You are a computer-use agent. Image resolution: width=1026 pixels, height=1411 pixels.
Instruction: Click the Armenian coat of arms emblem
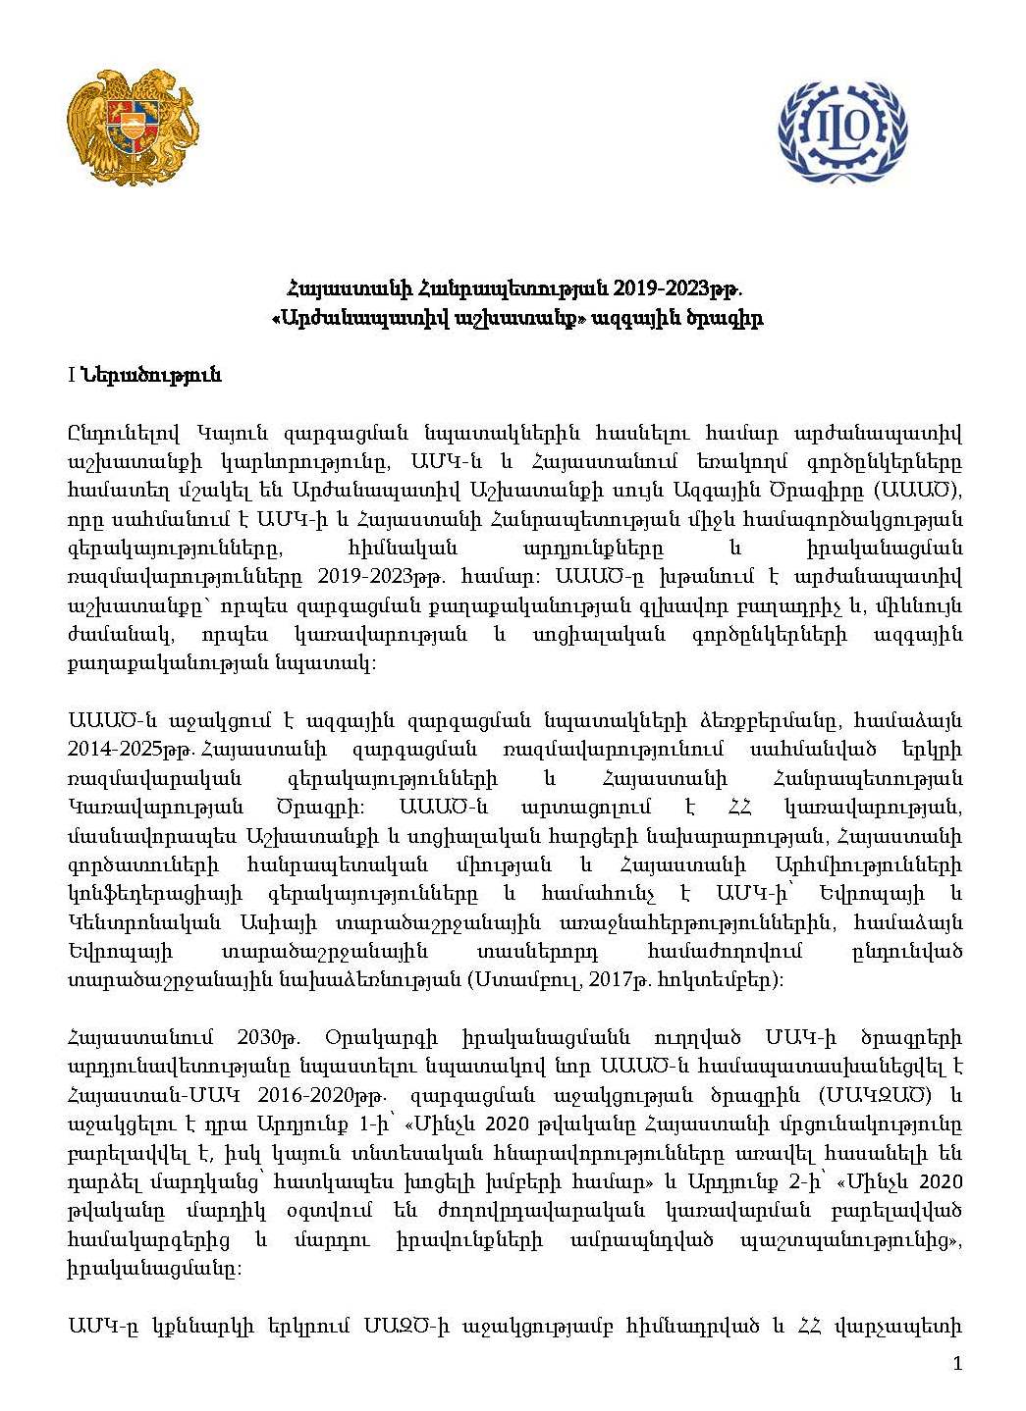click(133, 127)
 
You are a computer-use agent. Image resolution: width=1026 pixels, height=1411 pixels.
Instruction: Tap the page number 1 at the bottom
click(958, 1362)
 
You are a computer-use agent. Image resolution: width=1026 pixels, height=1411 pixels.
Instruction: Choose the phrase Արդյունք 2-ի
click(762, 1180)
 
